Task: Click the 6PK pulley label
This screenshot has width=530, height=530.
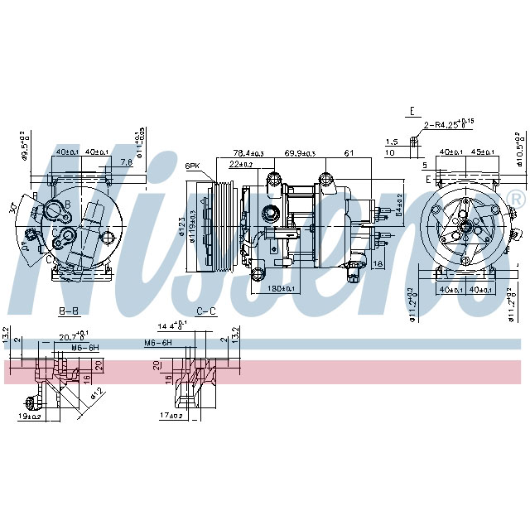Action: [193, 166]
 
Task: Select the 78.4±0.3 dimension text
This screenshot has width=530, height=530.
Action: [248, 153]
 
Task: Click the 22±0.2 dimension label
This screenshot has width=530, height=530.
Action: [240, 164]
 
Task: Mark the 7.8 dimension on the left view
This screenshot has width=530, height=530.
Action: [126, 162]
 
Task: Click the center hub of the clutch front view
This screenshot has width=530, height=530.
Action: [465, 226]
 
